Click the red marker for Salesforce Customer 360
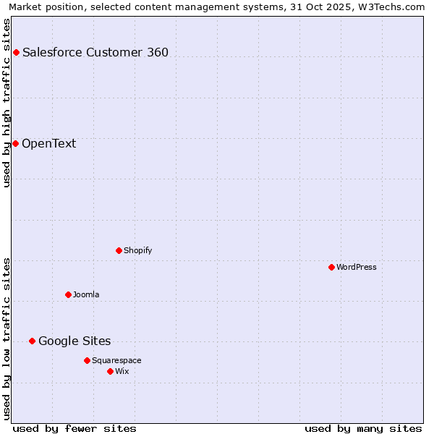(16, 52)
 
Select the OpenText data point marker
(15, 143)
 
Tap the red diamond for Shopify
(119, 250)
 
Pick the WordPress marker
(331, 267)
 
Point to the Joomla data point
(68, 294)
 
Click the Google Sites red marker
(32, 341)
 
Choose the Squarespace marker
(87, 360)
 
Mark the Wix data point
(110, 371)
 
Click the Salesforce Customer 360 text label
(95, 52)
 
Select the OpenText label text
(48, 143)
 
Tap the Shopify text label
(137, 250)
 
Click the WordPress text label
(357, 267)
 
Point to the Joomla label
(86, 294)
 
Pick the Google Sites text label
(75, 341)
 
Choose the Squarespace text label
(116, 360)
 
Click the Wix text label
(122, 371)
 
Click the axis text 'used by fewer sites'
(75, 428)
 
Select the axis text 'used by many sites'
(363, 428)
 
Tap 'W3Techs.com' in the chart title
(393, 7)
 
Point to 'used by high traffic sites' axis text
(7, 103)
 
